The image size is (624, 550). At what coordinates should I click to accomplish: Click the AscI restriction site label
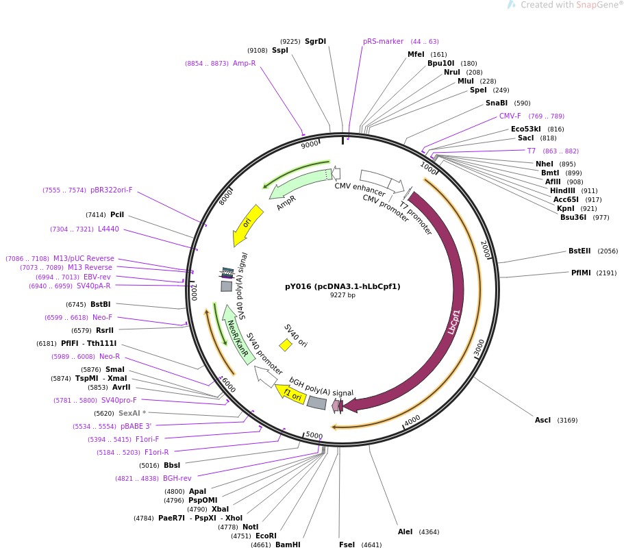coord(542,420)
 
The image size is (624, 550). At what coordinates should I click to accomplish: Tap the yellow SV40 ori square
coord(286,345)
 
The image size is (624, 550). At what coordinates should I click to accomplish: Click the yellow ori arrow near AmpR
coord(247,224)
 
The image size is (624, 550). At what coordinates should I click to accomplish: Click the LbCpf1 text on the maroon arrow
coord(453,321)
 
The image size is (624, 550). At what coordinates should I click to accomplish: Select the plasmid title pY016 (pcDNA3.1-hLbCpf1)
coord(342,286)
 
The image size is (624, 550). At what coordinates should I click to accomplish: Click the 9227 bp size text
coord(342,295)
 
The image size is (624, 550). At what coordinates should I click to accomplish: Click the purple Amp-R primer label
coord(244,63)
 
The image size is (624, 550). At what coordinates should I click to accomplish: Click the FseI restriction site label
coord(347,545)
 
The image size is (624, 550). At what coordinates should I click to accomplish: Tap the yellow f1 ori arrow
coord(292,395)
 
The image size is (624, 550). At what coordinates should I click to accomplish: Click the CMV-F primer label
coord(510,116)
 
